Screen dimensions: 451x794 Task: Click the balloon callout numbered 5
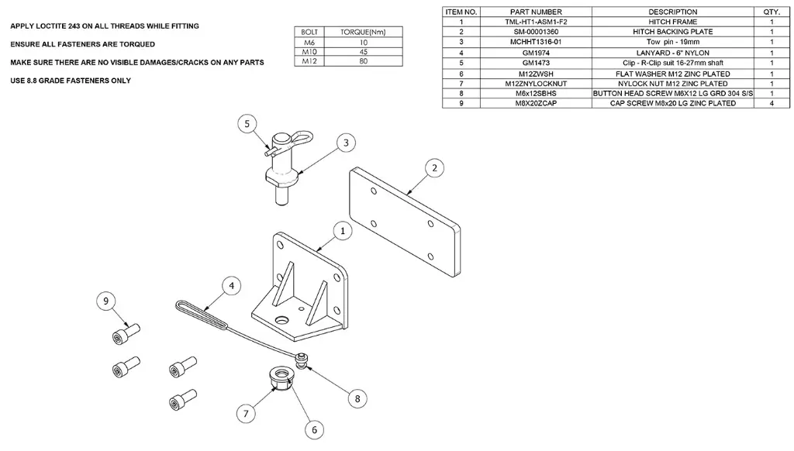[247, 123]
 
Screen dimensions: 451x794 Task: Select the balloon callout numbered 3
[346, 143]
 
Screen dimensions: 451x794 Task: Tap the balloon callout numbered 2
[435, 167]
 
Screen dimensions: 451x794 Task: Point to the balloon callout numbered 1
[342, 231]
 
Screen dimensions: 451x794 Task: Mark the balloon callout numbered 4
[230, 286]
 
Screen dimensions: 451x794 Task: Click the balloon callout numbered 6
[315, 429]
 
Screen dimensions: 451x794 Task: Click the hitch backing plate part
[403, 221]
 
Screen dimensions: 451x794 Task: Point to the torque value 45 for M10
[363, 52]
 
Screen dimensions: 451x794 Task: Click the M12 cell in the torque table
[309, 61]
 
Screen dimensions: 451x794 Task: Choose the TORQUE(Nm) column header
[363, 33]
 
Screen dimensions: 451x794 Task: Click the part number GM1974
[535, 53]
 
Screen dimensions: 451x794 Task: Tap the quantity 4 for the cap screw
[772, 103]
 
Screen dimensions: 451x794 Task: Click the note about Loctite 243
[105, 26]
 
